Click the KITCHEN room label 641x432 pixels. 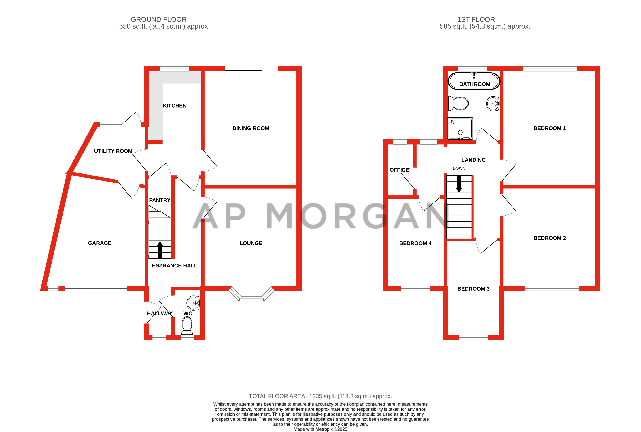[x=174, y=106]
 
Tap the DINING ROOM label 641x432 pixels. [x=251, y=128]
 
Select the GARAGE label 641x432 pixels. [x=100, y=243]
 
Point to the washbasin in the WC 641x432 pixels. [x=193, y=303]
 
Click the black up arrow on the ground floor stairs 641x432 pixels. [x=160, y=249]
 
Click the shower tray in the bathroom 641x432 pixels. [x=460, y=128]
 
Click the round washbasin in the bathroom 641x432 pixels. [x=493, y=104]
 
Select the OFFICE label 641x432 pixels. [x=399, y=170]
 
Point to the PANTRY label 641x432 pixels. [x=160, y=200]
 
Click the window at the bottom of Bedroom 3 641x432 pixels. [x=473, y=337]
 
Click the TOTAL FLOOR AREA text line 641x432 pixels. [x=320, y=396]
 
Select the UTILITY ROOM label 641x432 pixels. [x=113, y=151]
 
